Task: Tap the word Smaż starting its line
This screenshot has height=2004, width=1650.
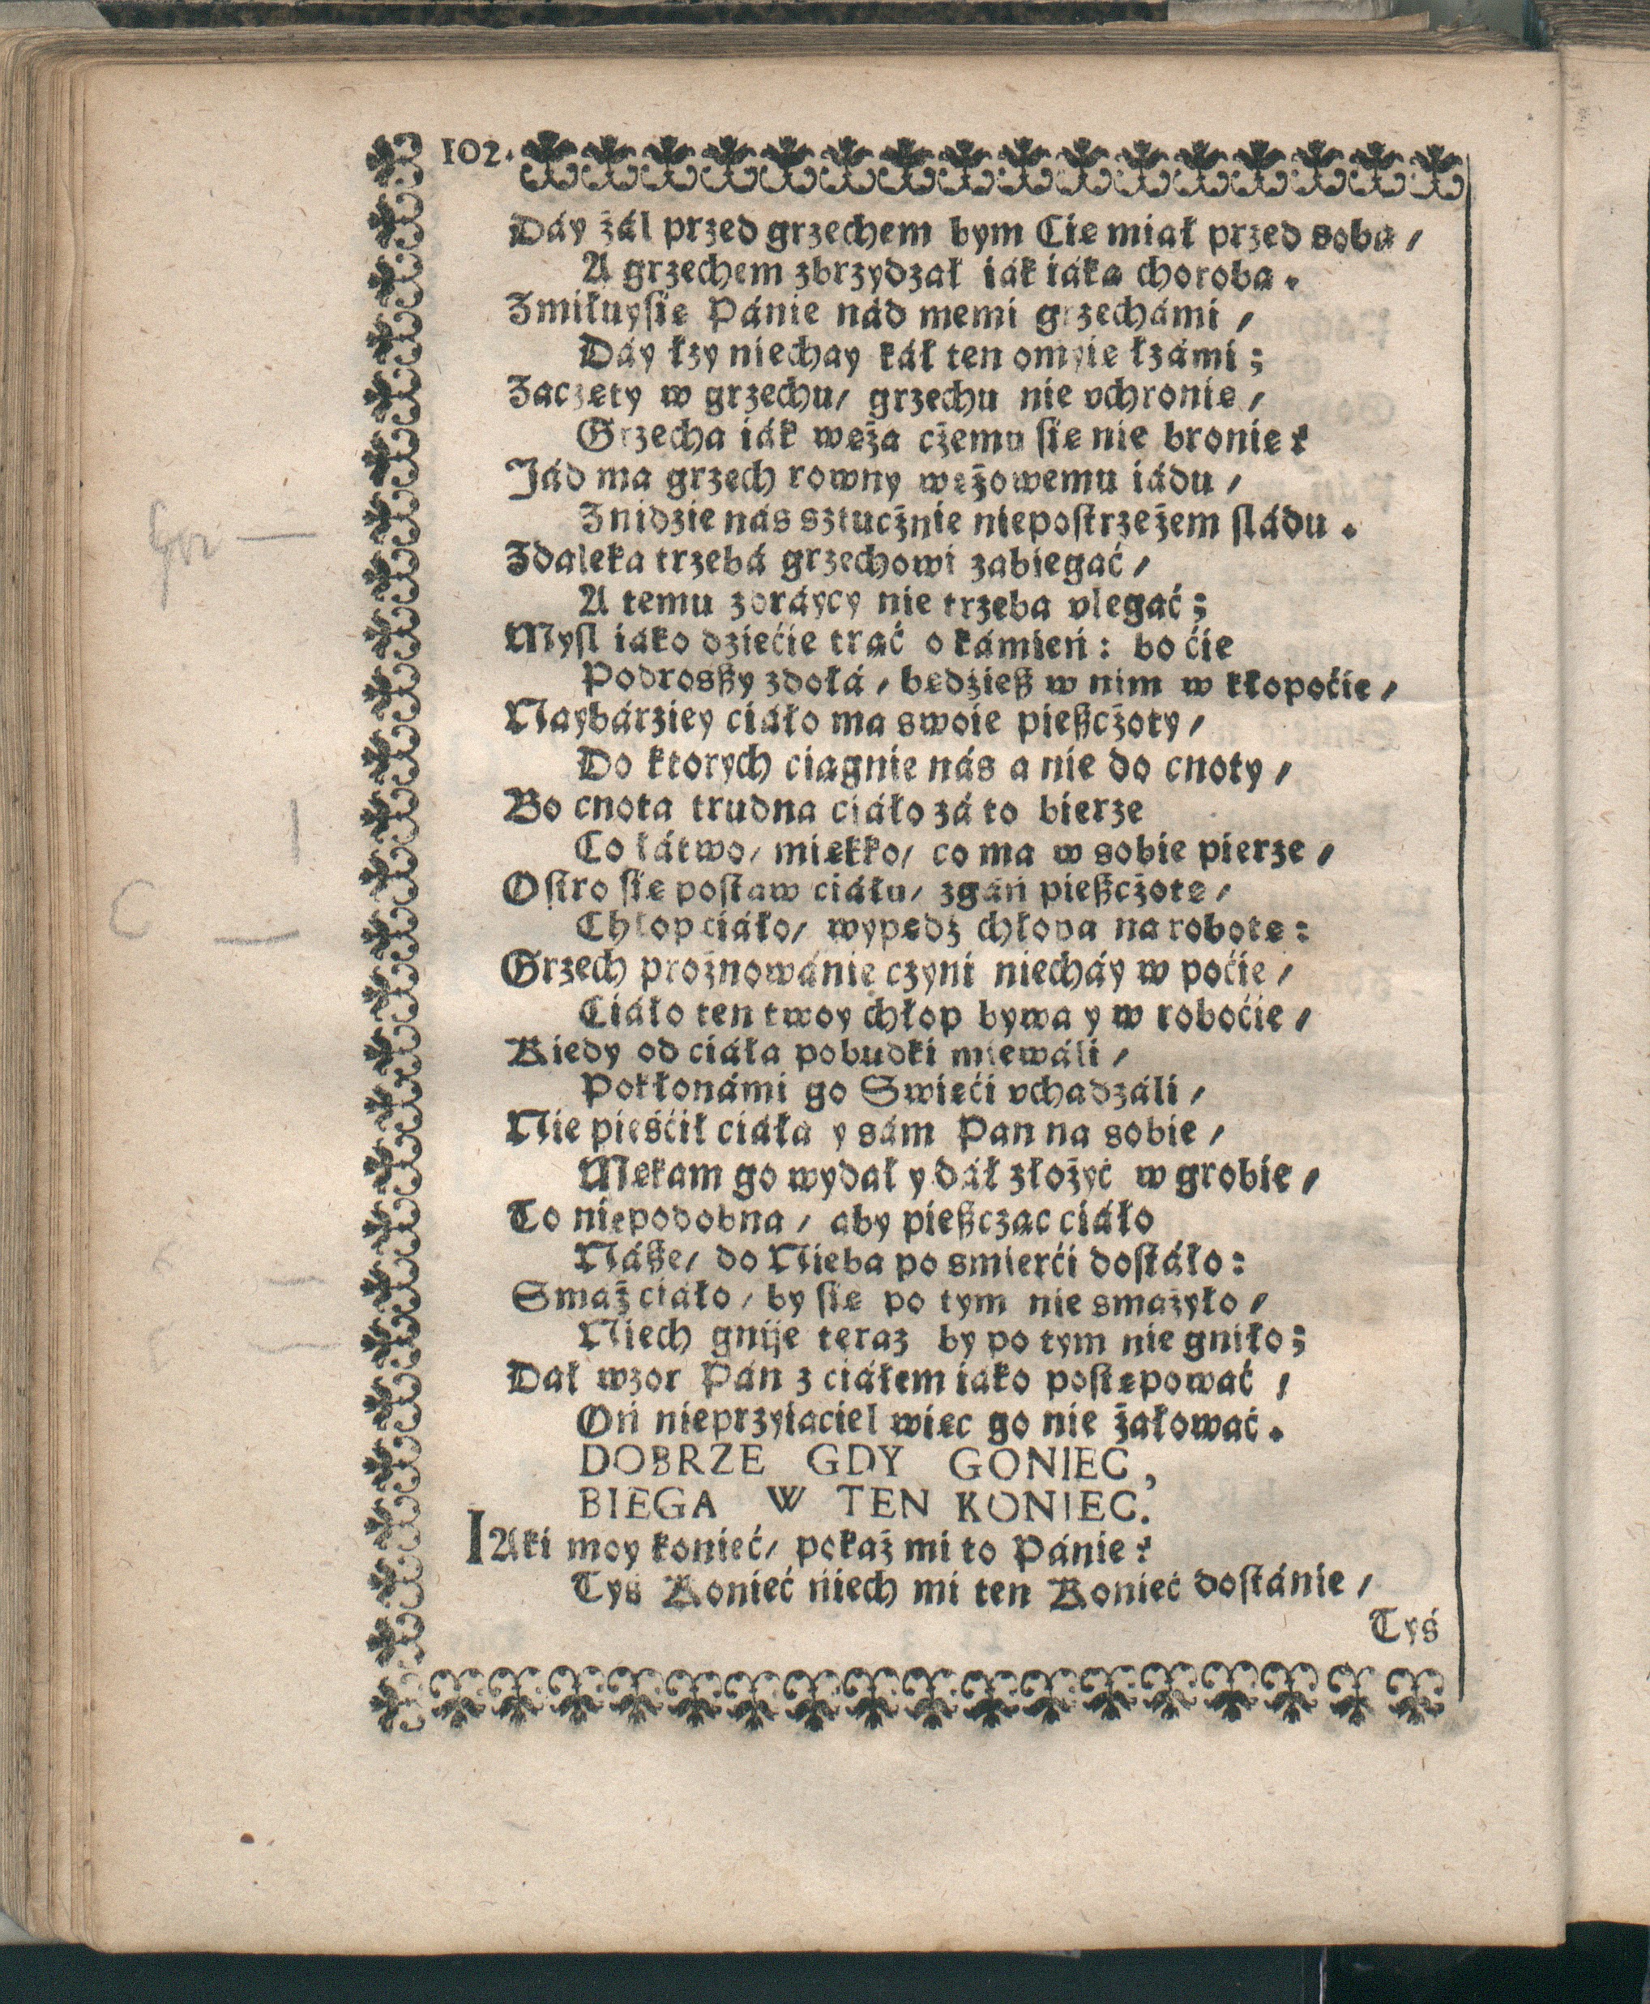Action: pyautogui.click(x=557, y=1300)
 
